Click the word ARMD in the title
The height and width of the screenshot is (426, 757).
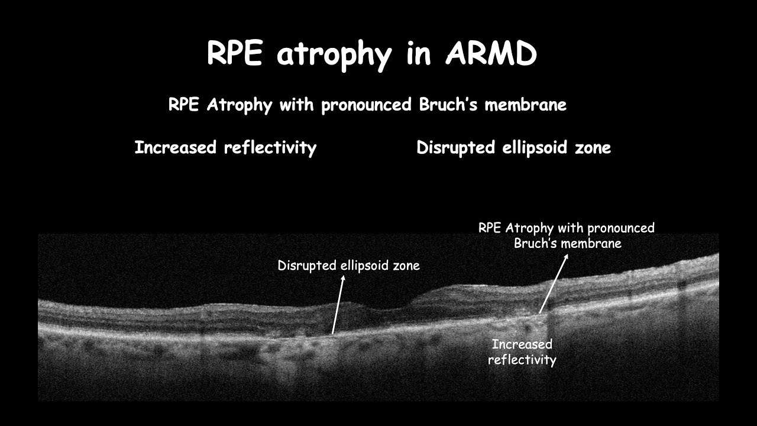click(491, 54)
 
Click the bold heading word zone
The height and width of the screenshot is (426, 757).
click(592, 147)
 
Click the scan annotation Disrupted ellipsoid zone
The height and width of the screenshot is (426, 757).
click(349, 266)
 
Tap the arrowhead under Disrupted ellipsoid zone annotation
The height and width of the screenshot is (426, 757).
click(342, 277)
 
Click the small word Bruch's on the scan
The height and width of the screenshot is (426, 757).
click(536, 243)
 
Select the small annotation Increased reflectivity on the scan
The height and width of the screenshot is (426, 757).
click(522, 352)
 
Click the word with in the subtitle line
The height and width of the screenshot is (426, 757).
click(298, 105)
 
